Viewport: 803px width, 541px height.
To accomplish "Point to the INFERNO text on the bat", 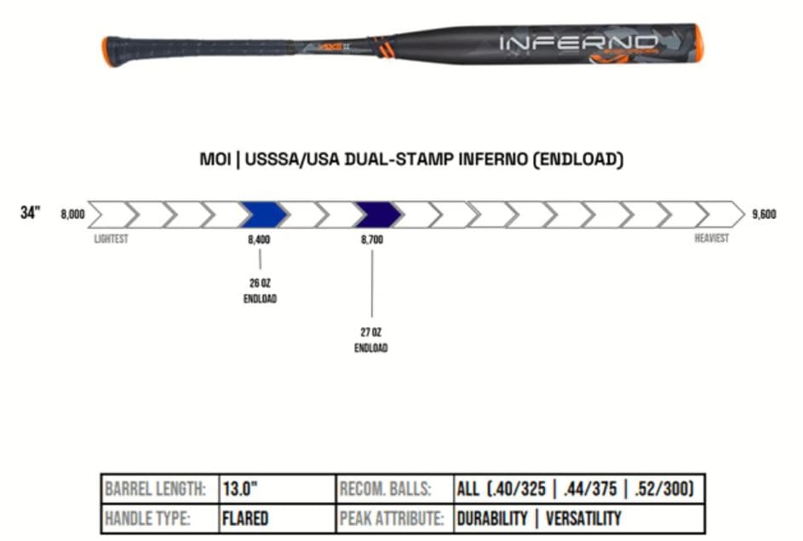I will [578, 42].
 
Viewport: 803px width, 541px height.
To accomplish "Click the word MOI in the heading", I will [216, 159].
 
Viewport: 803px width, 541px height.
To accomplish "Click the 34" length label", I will [30, 213].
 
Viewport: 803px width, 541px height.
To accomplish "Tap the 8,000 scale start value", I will [72, 215].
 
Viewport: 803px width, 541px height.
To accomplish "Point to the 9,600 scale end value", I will [764, 215].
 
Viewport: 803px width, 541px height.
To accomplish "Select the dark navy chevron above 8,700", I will [376, 215].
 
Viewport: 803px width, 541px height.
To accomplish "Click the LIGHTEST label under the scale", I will [111, 239].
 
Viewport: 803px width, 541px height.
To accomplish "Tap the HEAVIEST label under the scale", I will [711, 239].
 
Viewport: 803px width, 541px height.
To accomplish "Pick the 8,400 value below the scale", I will [259, 240].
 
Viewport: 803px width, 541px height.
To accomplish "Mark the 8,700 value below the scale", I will [372, 240].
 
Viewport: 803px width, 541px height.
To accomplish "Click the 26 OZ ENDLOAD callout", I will [260, 291].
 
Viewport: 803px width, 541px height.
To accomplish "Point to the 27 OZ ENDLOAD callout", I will [371, 340].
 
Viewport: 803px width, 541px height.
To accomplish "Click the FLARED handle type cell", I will [245, 518].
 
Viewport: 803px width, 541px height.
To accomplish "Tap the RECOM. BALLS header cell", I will [385, 490].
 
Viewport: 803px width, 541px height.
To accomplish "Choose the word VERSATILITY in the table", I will [583, 518].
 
